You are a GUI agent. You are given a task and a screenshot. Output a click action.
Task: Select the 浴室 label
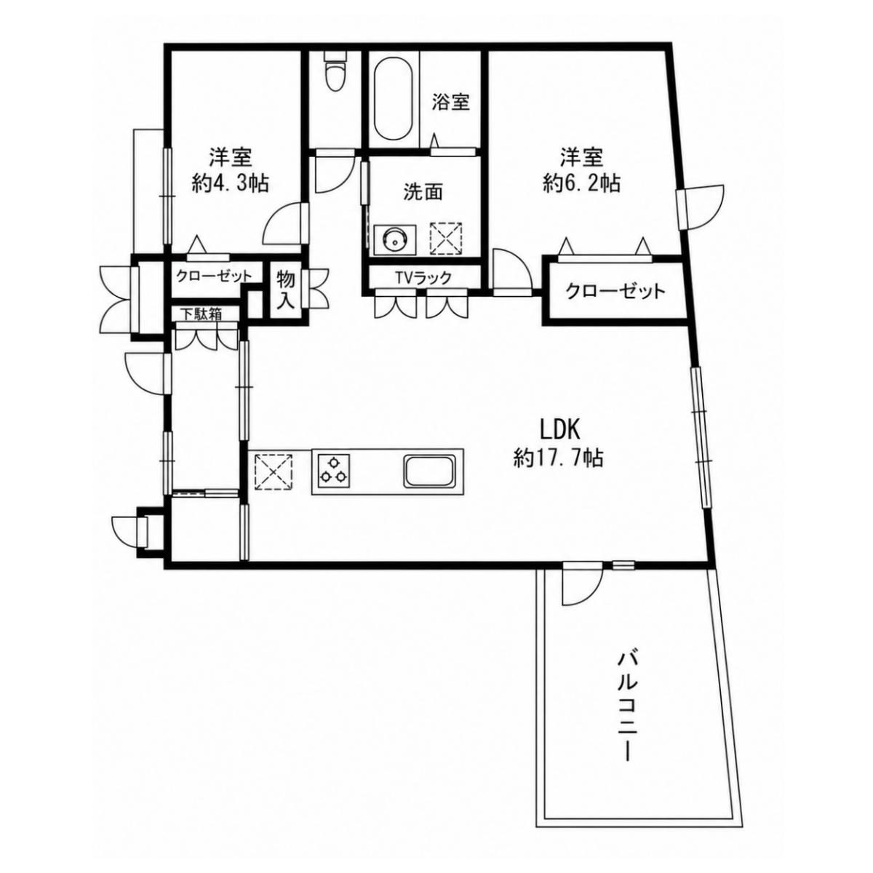pos(450,102)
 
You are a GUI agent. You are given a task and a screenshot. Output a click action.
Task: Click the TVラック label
pos(423,277)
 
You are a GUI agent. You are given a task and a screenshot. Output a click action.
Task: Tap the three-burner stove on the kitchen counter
pos(331,471)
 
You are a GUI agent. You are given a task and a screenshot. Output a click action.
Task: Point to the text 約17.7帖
pos(558,458)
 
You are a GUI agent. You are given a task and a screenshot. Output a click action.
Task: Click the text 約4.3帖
pos(230,184)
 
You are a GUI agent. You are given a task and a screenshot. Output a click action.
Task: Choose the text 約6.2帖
pos(582,184)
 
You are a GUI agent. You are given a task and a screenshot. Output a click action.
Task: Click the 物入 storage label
pos(286,290)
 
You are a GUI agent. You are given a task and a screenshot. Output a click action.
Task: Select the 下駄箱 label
pos(202,314)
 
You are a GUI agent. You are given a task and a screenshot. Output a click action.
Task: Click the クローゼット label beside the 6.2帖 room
pos(616,291)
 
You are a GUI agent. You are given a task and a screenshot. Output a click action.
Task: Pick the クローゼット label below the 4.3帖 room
pos(213,276)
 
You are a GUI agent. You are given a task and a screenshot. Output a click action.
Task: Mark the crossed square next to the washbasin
pos(446,239)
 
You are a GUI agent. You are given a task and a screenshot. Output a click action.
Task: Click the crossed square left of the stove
pos(274,472)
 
